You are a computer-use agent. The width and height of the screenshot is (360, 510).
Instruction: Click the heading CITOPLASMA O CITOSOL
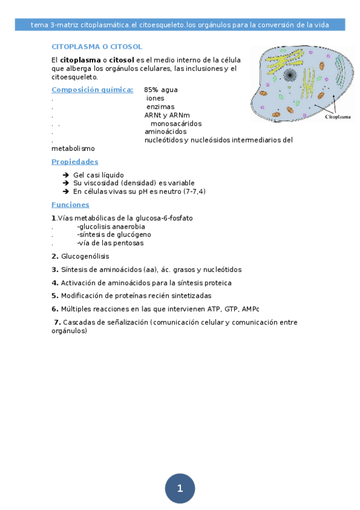click(x=97, y=46)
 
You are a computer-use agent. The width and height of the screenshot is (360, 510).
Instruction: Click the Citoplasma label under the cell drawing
click(x=338, y=117)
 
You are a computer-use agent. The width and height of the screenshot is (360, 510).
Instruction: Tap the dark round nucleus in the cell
click(x=290, y=75)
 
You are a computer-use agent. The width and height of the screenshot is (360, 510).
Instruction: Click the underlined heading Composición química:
click(x=92, y=90)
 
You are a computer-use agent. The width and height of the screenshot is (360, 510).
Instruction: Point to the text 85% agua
click(x=160, y=90)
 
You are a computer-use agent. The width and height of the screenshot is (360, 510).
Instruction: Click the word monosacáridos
click(x=176, y=123)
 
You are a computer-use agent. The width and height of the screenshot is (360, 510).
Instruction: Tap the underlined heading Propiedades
click(x=75, y=162)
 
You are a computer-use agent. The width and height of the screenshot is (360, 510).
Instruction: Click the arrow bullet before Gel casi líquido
click(x=66, y=175)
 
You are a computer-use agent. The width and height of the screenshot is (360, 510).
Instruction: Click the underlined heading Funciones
click(x=70, y=204)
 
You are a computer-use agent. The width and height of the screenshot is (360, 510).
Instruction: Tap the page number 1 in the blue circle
click(x=180, y=488)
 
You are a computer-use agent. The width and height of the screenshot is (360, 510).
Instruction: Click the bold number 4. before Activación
click(x=55, y=283)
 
